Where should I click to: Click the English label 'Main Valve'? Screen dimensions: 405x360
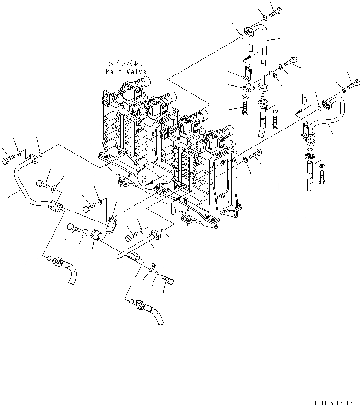[x=126, y=72]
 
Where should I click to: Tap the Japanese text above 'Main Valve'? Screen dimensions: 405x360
[x=126, y=63]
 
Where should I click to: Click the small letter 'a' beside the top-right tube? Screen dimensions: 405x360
[x=252, y=47]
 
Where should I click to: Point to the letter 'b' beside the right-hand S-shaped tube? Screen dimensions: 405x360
[x=306, y=100]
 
